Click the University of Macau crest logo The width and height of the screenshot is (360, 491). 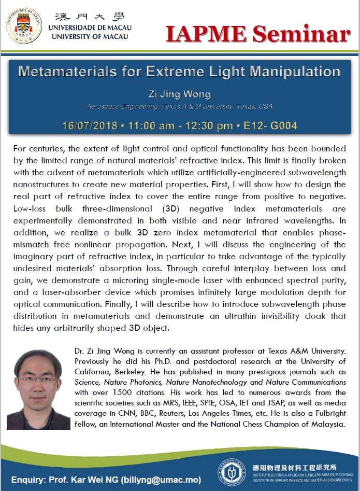click(24, 24)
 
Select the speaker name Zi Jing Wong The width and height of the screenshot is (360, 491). click(179, 94)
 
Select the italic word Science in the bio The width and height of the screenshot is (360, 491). click(89, 382)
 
